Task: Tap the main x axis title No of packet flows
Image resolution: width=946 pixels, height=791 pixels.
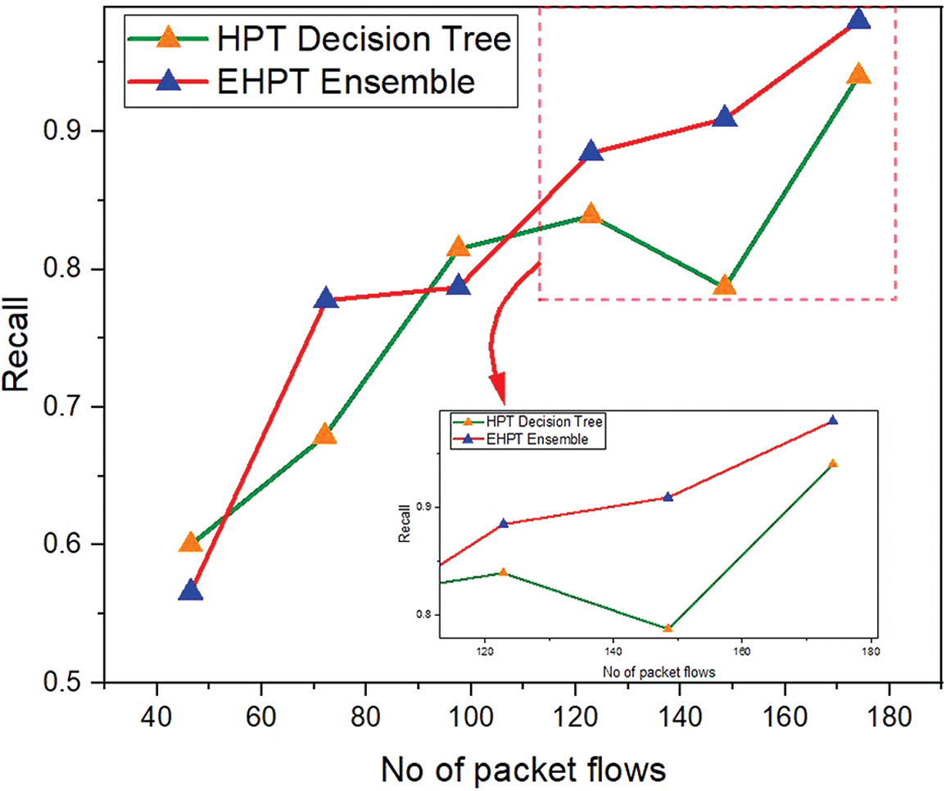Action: point(522,769)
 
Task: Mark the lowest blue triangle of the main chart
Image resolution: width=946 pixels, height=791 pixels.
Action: point(190,591)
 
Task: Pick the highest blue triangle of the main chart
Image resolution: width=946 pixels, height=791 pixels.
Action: point(858,19)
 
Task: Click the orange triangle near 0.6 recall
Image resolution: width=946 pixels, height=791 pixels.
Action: point(190,542)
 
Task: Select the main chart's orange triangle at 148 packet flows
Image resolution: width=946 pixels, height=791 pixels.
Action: point(724,285)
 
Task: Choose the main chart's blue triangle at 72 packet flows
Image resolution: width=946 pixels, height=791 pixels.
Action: point(326,298)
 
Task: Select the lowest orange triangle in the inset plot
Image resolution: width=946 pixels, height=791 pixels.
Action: point(668,629)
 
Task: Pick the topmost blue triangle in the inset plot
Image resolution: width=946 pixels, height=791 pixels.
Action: point(833,420)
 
